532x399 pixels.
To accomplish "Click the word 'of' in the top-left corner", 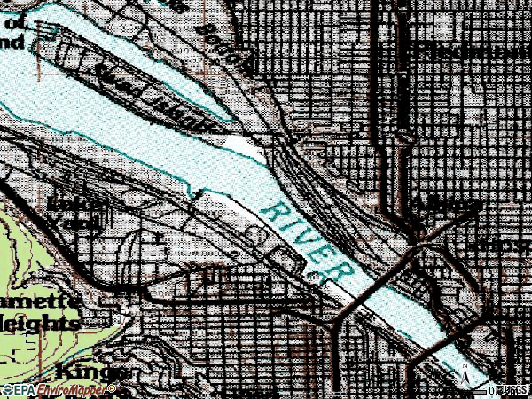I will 19,25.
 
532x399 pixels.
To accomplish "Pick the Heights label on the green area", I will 40,321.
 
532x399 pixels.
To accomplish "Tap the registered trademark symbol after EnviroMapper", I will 112,387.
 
